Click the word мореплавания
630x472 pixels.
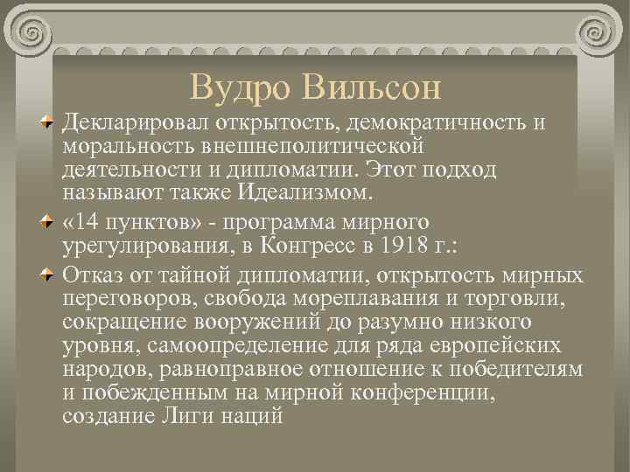tap(367, 300)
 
